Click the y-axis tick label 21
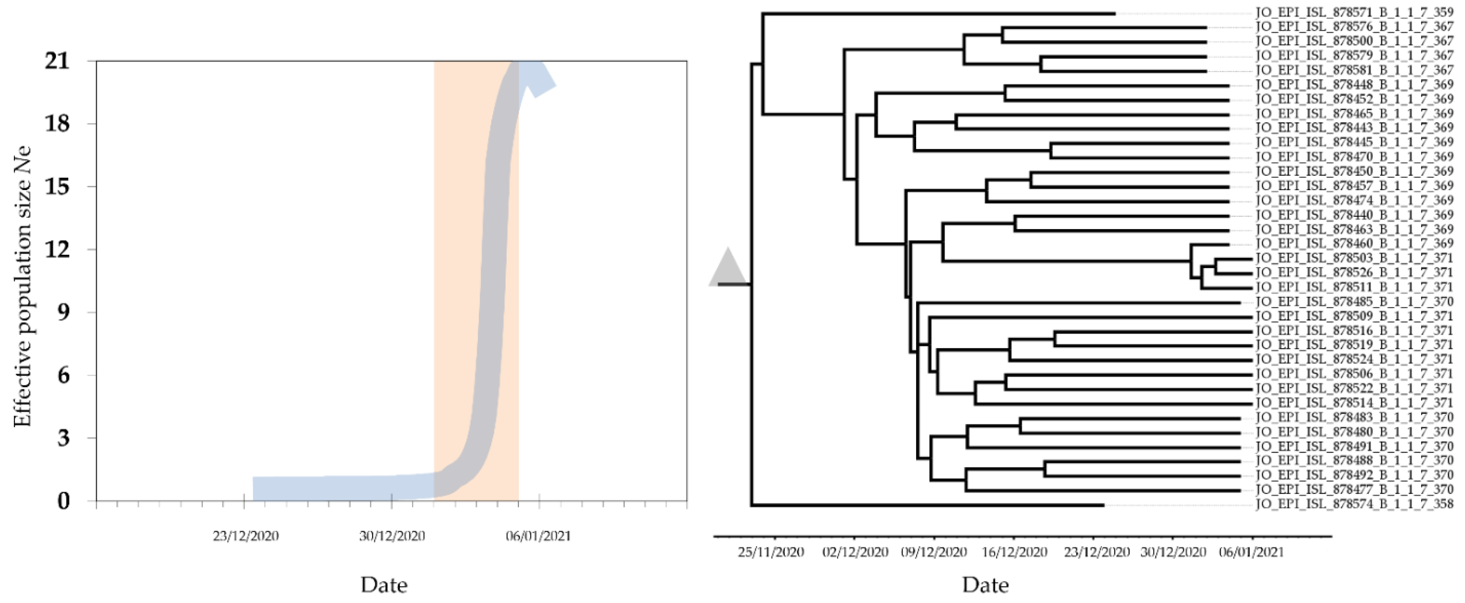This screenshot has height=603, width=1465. (57, 61)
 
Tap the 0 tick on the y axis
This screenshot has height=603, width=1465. (63, 501)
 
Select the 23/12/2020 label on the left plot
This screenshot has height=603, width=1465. (246, 536)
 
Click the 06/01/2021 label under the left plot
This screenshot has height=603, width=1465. (538, 536)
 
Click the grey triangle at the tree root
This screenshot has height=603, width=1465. (727, 267)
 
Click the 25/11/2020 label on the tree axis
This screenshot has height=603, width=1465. (771, 552)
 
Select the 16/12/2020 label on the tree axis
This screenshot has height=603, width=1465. (1014, 552)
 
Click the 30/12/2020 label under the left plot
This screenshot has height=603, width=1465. (392, 536)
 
